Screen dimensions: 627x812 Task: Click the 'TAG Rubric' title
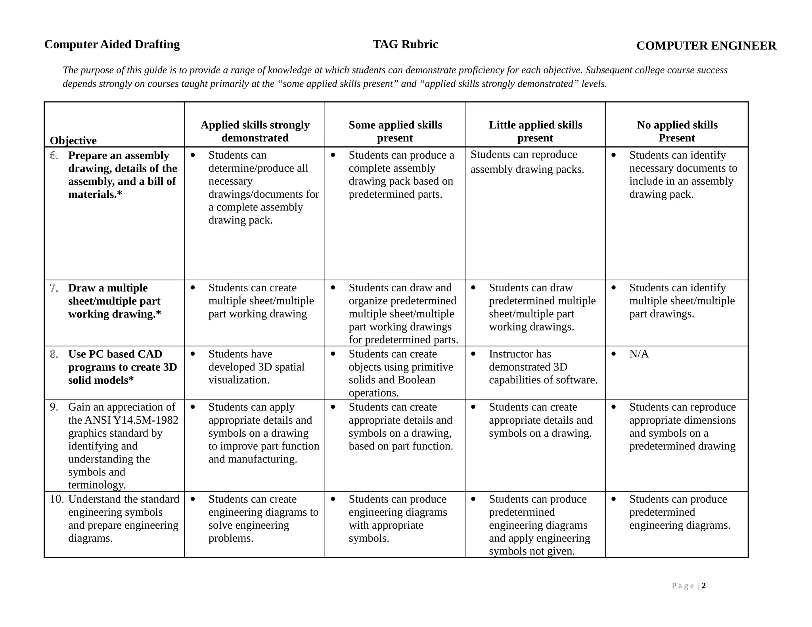click(x=405, y=44)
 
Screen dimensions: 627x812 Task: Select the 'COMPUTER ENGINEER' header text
click(x=706, y=46)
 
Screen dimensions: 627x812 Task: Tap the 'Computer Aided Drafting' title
click(x=112, y=44)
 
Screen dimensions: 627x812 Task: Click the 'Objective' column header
click(x=73, y=141)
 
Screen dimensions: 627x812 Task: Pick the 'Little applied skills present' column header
click(x=535, y=131)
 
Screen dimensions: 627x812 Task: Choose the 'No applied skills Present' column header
click(x=677, y=131)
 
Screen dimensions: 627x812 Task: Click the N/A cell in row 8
click(x=639, y=354)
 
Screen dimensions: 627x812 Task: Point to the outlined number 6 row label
click(x=54, y=156)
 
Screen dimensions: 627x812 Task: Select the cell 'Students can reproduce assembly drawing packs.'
click(x=527, y=162)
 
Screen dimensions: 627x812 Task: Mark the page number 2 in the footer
click(x=704, y=586)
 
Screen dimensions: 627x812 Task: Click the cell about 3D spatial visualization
click(x=256, y=367)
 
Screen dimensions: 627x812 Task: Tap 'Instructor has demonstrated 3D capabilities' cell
click(x=543, y=367)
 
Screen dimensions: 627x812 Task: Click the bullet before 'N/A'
click(x=613, y=354)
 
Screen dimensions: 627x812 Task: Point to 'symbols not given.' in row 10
click(x=532, y=551)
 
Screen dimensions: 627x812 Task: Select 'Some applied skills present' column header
click(x=395, y=131)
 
